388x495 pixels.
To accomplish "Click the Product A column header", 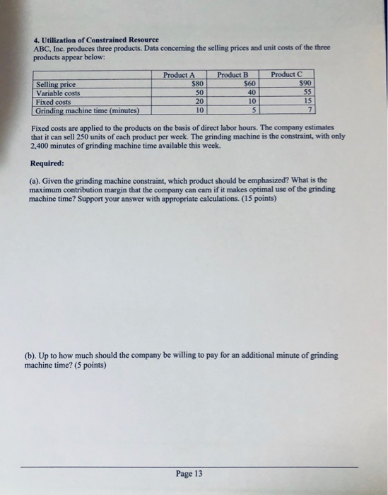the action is pyautogui.click(x=179, y=74).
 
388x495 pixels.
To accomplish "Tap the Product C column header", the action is pyautogui.click(x=287, y=74).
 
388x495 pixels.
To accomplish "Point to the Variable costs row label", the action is pyautogui.click(x=59, y=93).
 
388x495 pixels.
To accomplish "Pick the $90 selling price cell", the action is pyautogui.click(x=305, y=84).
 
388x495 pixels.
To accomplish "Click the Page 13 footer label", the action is pyautogui.click(x=188, y=474).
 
